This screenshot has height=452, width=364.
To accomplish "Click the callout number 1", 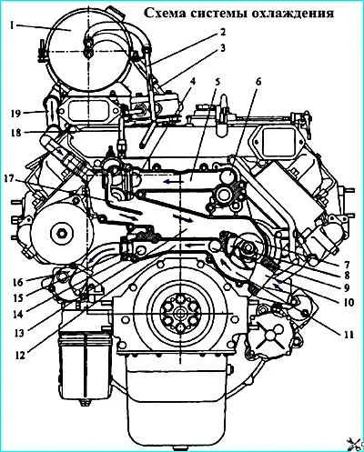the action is point(11,25).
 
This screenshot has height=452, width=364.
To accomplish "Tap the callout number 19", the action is point(15,115).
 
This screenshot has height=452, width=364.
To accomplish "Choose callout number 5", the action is point(217,82).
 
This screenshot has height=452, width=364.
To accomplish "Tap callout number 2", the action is point(223,32).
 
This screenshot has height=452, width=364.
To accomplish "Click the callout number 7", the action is point(347,263).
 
